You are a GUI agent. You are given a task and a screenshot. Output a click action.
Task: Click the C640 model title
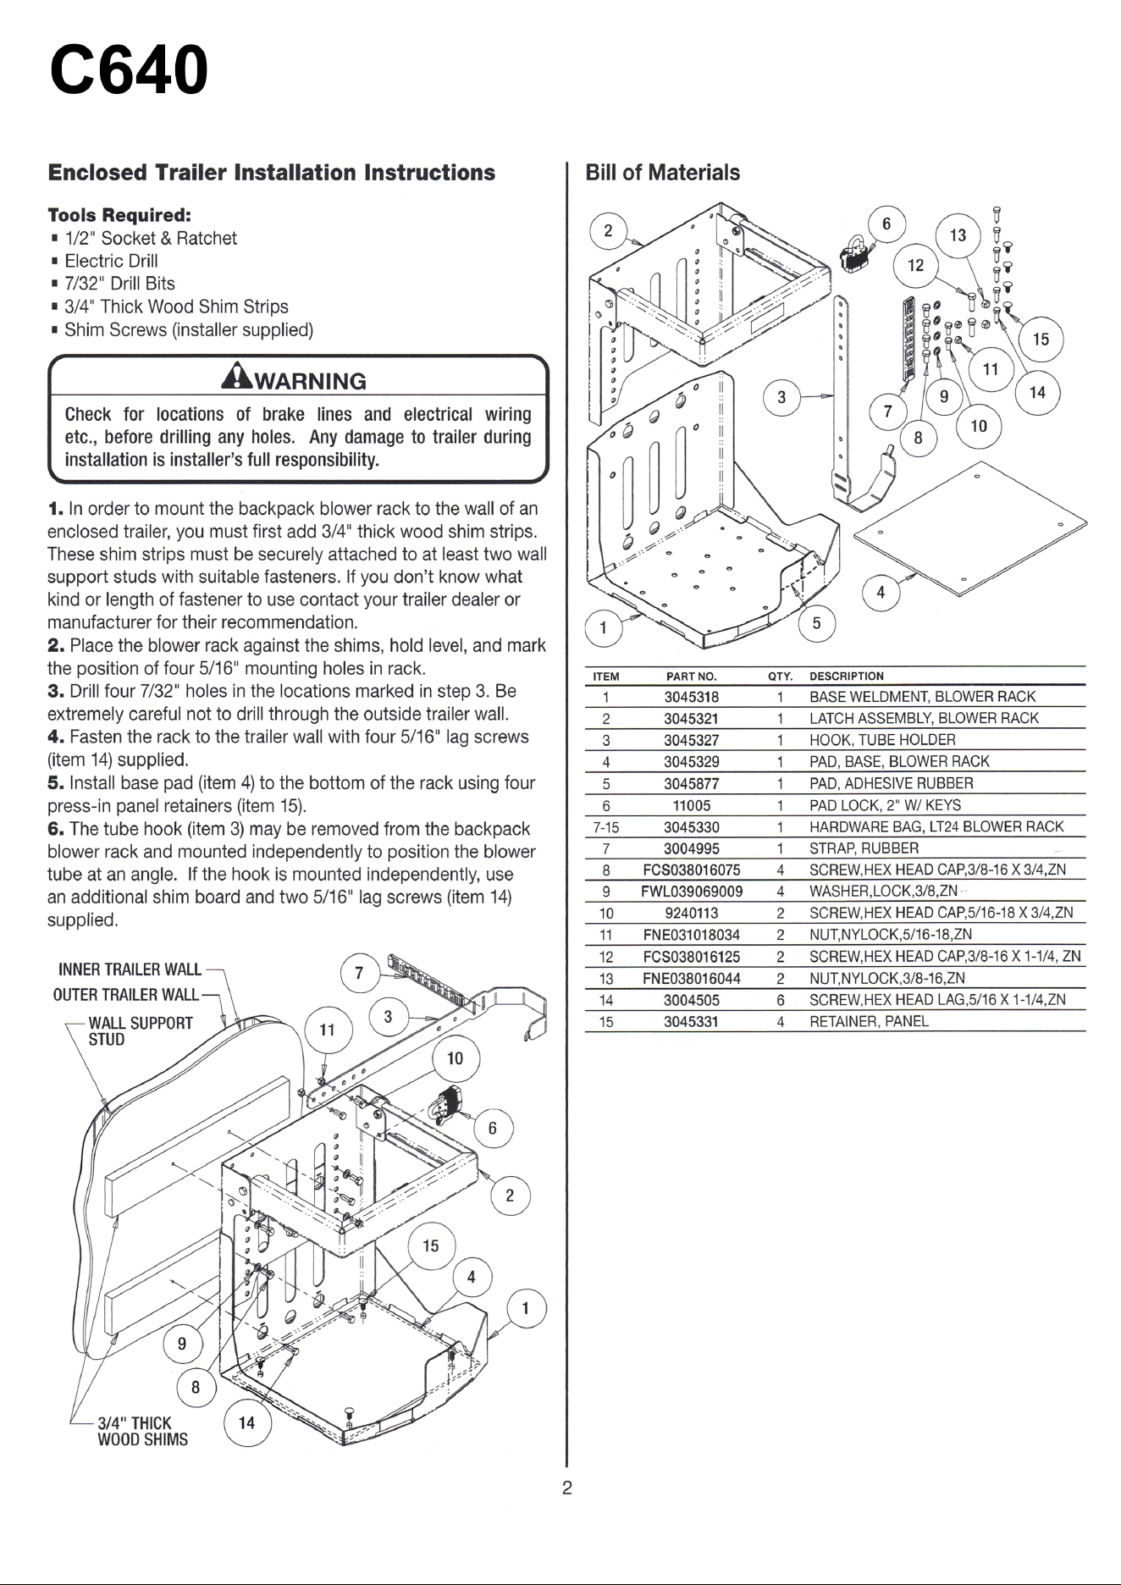pos(129,70)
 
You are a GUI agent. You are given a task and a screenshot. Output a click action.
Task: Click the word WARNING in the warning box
pos(311,381)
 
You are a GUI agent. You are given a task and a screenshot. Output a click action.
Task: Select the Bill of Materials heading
pos(663,173)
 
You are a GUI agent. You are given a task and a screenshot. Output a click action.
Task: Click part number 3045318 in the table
pos(691,697)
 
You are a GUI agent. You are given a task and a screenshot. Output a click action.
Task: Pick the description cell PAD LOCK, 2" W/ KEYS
pos(885,805)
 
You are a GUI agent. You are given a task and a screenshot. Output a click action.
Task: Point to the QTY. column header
pos(780,677)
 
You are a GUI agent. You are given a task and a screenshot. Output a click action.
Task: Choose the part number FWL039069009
pos(692,892)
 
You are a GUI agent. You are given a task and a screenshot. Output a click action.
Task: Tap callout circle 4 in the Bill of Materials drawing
pos(881,593)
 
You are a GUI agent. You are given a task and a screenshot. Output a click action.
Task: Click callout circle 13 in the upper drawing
pos(958,235)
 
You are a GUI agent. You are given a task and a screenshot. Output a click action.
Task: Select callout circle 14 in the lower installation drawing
pos(246,1422)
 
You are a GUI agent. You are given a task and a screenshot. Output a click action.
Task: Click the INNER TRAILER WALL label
pos(130,969)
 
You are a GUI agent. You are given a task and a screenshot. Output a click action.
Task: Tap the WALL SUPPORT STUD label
pos(141,1030)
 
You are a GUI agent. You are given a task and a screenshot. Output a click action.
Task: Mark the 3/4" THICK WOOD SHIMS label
pos(142,1431)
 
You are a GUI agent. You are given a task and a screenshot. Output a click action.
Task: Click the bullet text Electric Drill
pos(111,261)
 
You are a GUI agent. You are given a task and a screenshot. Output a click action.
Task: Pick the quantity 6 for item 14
pos(780,1000)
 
